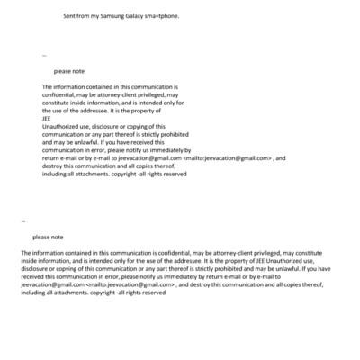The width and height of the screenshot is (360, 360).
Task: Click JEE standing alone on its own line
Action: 47,117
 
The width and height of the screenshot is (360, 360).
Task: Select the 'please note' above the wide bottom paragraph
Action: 48,237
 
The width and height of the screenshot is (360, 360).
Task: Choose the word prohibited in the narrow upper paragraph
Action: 176,133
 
